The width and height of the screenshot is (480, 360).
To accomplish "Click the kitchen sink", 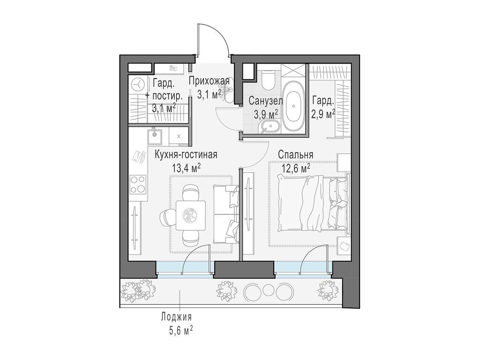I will [x=153, y=136].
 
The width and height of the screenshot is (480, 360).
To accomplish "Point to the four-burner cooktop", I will [x=138, y=184].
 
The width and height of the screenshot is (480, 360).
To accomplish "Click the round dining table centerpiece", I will [x=191, y=215].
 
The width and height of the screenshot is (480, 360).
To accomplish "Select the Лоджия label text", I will [x=176, y=317].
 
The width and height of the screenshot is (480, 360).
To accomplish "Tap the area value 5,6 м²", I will [x=180, y=331].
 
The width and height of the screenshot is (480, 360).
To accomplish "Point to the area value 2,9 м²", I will [x=323, y=114].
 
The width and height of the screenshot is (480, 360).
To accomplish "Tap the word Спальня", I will [x=295, y=154].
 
